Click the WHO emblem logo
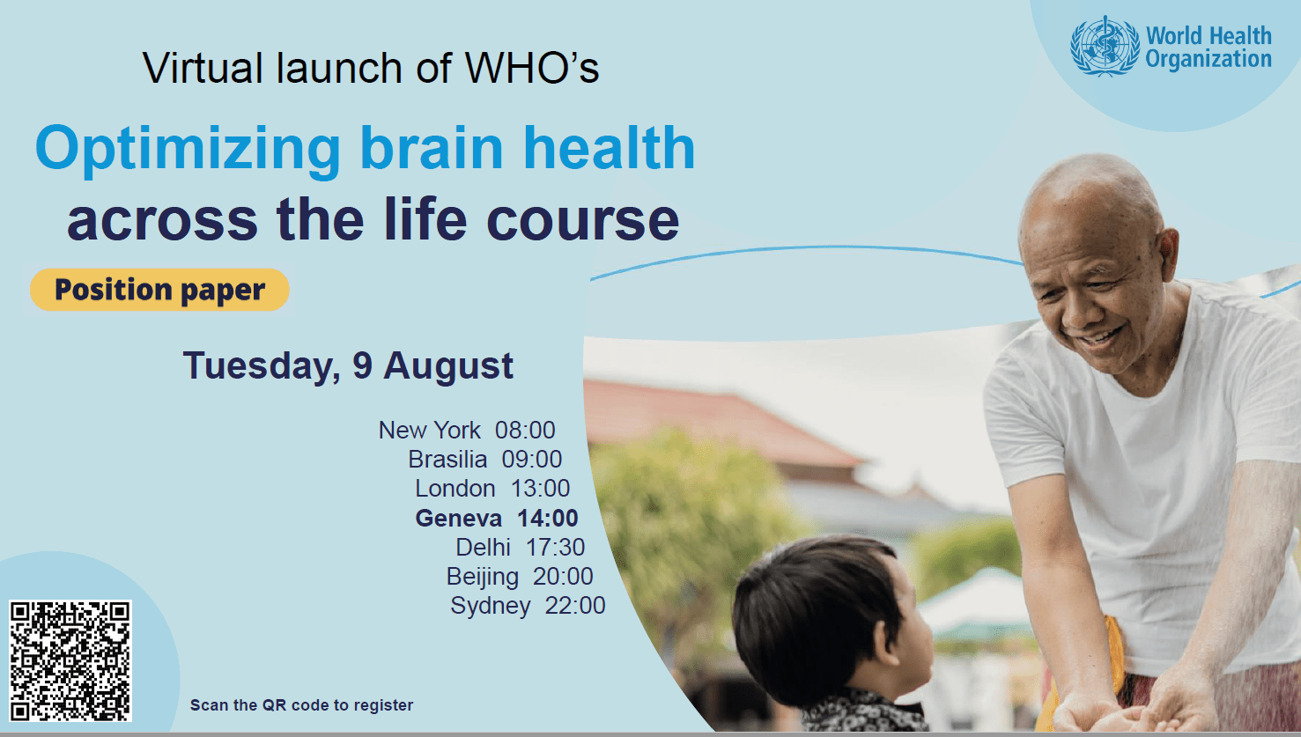tap(1105, 46)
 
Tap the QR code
tap(70, 661)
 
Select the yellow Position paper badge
tap(159, 289)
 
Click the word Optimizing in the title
tap(188, 149)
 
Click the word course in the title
tap(582, 220)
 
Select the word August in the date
tap(448, 367)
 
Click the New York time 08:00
tap(525, 431)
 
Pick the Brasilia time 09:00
tap(532, 460)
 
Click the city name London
tap(455, 489)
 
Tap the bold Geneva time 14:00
tap(548, 518)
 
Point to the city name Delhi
tap(484, 547)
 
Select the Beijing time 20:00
tap(563, 576)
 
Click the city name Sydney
tap(491, 606)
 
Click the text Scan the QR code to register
tap(301, 705)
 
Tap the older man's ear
tap(1168, 255)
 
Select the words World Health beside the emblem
tap(1209, 36)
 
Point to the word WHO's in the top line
tap(532, 68)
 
